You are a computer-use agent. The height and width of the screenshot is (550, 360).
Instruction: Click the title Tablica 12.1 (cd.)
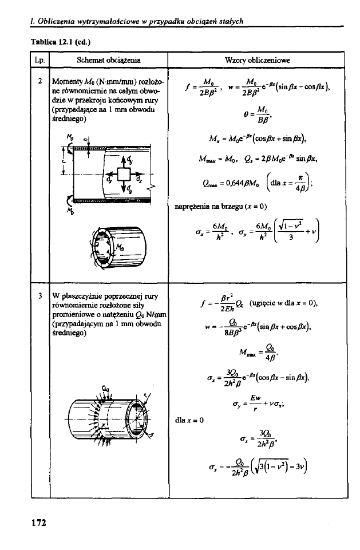coord(61,41)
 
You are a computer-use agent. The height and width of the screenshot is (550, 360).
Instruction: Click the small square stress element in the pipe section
coord(122,173)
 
